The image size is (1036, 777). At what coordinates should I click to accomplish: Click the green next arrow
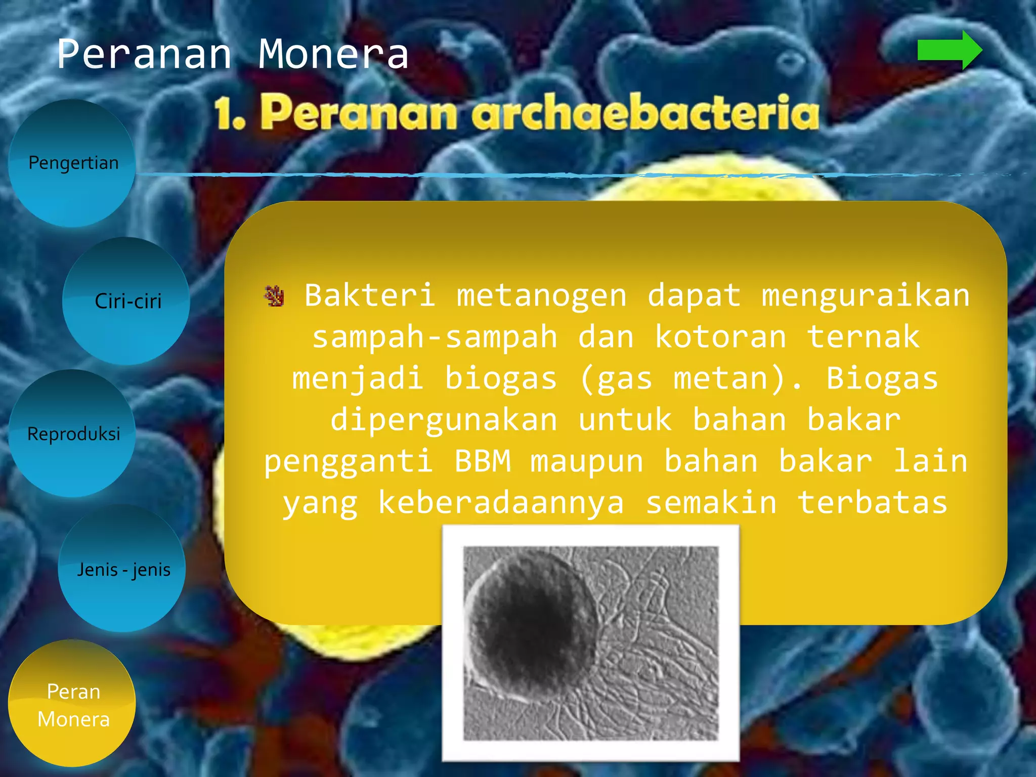(949, 50)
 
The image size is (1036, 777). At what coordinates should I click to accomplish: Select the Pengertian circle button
(72, 163)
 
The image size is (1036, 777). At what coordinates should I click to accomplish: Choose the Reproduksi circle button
(73, 434)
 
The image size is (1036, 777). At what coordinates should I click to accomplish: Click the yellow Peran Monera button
(72, 704)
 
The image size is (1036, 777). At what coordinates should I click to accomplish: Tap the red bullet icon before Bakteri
(274, 296)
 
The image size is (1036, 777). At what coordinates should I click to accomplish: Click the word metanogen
(541, 296)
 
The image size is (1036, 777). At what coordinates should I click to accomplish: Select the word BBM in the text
(482, 461)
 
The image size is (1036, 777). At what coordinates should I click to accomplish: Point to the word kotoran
(720, 337)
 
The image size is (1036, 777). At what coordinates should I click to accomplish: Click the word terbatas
(872, 503)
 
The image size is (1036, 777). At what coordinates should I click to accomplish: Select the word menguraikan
(866, 296)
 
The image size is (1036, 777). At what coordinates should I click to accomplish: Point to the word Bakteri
(370, 296)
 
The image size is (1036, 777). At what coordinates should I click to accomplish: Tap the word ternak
(863, 337)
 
